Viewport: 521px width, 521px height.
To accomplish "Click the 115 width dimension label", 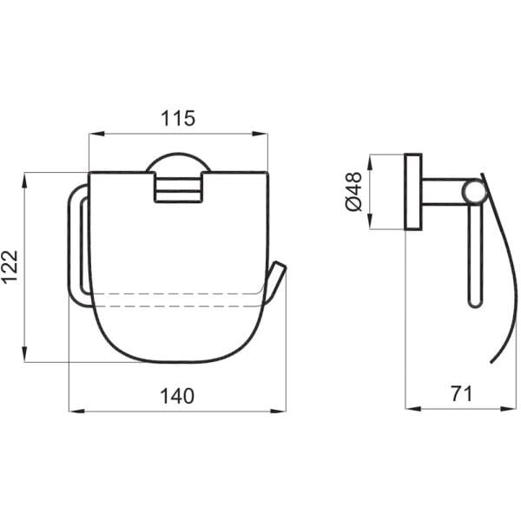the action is [x=178, y=118].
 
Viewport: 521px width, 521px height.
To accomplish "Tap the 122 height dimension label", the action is [x=10, y=267].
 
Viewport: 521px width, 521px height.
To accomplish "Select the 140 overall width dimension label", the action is [x=177, y=396].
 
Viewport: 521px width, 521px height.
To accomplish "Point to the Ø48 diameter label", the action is [x=353, y=192].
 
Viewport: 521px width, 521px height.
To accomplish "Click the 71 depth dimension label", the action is [x=462, y=393].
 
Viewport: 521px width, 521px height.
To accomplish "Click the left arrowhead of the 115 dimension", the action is [x=96, y=134].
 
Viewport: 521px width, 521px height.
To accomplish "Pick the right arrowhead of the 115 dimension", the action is [x=260, y=134].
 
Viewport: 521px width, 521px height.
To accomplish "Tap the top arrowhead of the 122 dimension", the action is [x=24, y=181].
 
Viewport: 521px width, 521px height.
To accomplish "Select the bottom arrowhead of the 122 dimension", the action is [x=24, y=354].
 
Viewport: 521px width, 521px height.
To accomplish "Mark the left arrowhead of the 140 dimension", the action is [x=76, y=411].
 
